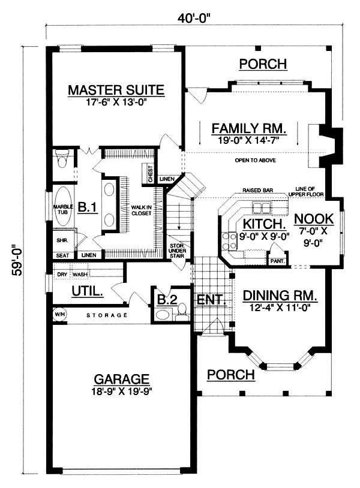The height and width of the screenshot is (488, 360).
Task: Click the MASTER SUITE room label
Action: click(116, 90)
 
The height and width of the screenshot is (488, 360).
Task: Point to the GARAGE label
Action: click(121, 379)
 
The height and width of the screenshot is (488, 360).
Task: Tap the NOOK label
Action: click(314, 219)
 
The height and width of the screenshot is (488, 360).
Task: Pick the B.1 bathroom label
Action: click(88, 207)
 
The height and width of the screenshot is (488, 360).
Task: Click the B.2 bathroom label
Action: click(167, 299)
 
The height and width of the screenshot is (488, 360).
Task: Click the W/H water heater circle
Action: click(59, 314)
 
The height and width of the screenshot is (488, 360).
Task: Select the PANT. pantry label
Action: click(278, 261)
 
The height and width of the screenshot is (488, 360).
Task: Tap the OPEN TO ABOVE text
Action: click(254, 161)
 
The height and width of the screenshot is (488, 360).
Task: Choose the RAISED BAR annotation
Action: click(258, 190)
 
